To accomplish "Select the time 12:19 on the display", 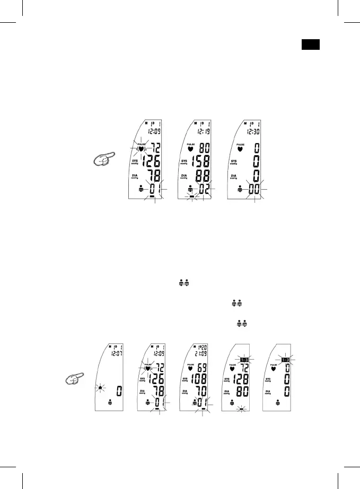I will click(203, 131).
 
